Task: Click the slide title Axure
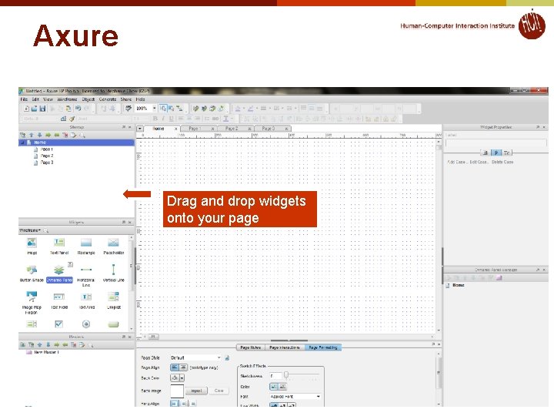pyautogui.click(x=75, y=36)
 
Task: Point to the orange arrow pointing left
pyautogui.click(x=137, y=194)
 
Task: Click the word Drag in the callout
pyautogui.click(x=182, y=201)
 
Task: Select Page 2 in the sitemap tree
pyautogui.click(x=47, y=156)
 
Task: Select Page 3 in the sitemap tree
pyautogui.click(x=47, y=163)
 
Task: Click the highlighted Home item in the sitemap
pyautogui.click(x=39, y=143)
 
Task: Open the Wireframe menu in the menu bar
pyautogui.click(x=66, y=99)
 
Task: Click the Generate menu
pyautogui.click(x=108, y=99)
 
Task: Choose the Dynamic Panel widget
pyautogui.click(x=59, y=272)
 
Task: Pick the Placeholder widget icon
pyautogui.click(x=114, y=245)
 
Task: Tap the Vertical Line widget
pyautogui.click(x=114, y=272)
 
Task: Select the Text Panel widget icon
pyautogui.click(x=59, y=245)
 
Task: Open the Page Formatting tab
pyautogui.click(x=322, y=347)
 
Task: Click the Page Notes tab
pyautogui.click(x=251, y=347)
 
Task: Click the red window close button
pyautogui.click(x=542, y=92)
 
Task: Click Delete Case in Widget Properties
pyautogui.click(x=502, y=162)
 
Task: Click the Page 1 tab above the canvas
pyautogui.click(x=193, y=129)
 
